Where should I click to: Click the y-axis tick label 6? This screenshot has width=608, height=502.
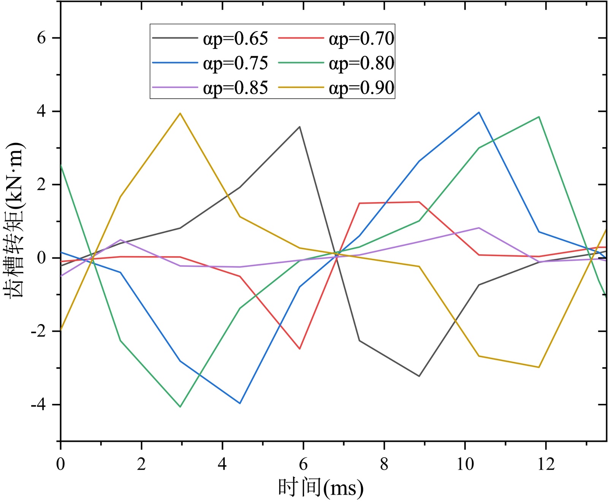point(41,38)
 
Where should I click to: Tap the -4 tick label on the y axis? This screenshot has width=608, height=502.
point(38,405)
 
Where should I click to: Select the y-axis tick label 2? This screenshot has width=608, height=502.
point(41,185)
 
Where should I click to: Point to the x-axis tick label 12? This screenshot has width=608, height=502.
point(546,464)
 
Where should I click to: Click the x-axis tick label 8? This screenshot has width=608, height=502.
point(384,464)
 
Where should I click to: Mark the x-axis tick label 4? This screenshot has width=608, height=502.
point(222,464)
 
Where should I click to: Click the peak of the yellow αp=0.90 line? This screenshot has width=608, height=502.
point(180,113)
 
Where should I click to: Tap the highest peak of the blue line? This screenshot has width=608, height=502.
point(479,112)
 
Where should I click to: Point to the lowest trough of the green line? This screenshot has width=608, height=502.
point(180,407)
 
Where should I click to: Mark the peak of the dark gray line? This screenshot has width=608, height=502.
point(299,127)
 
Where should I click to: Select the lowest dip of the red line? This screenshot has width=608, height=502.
point(299,348)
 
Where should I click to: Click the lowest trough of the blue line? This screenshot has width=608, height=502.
point(240,403)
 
